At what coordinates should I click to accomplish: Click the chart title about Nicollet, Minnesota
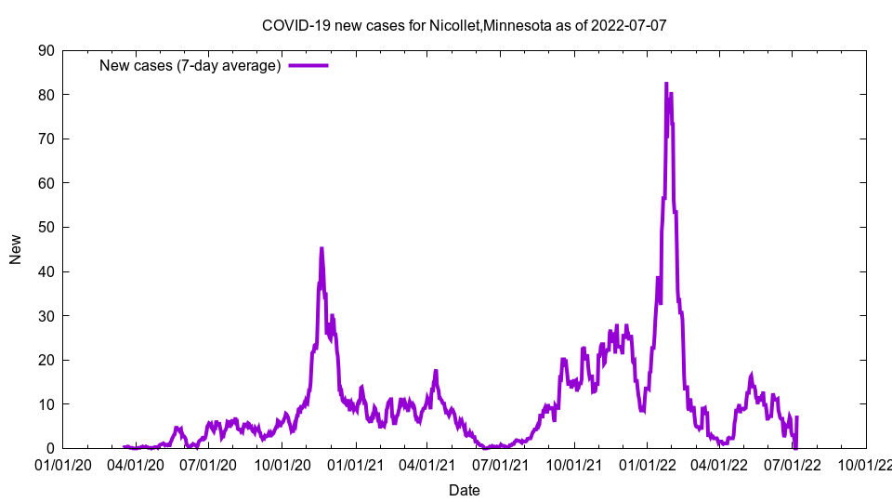click(x=464, y=25)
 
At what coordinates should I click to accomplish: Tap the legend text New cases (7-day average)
click(x=190, y=66)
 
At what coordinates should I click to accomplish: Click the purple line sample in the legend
click(x=308, y=66)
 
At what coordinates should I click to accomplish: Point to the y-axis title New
click(x=16, y=249)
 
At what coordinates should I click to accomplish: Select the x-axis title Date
click(x=464, y=490)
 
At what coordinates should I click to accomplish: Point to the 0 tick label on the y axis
click(x=50, y=448)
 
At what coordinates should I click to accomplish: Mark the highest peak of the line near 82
click(x=666, y=84)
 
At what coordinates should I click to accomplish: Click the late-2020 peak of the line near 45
click(x=321, y=248)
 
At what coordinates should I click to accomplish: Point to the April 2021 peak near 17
click(x=435, y=371)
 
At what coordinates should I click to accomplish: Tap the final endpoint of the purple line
click(x=797, y=417)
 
